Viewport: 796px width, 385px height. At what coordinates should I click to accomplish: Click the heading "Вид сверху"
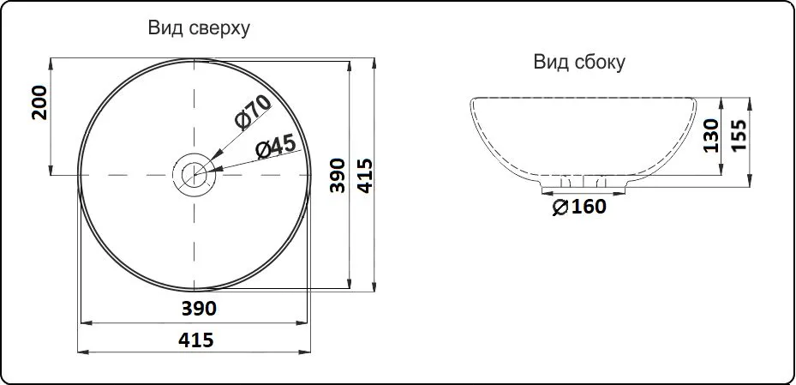point(199,28)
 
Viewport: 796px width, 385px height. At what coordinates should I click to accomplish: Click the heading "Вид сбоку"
point(579,63)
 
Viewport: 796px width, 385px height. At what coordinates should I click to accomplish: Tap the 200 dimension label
point(39,103)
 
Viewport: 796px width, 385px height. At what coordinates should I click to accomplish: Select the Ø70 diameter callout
point(253,112)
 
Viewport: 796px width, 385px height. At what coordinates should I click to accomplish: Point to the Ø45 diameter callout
point(276,147)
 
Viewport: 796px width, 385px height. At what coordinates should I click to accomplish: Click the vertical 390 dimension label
point(338,175)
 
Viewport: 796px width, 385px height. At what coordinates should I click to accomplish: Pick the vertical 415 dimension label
point(364,175)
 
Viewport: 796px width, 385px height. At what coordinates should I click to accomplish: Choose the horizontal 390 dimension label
point(199,309)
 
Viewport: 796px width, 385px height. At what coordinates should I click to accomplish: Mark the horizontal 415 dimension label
point(196,340)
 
